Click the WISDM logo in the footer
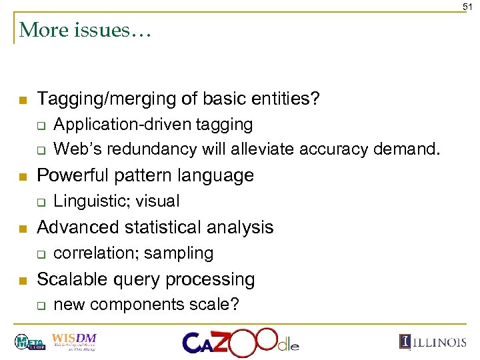click(73, 340)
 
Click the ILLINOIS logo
click(433, 342)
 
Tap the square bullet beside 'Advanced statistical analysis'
click(23, 228)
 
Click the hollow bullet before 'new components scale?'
click(41, 305)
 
